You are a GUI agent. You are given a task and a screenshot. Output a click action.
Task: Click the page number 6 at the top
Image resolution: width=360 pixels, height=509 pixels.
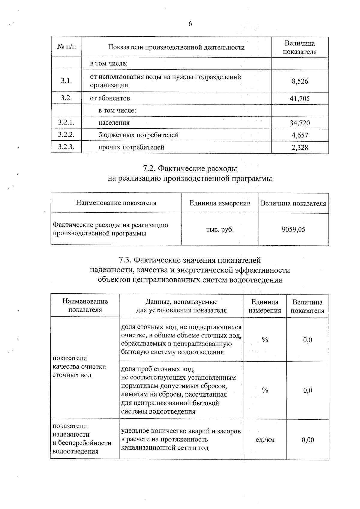click(190, 24)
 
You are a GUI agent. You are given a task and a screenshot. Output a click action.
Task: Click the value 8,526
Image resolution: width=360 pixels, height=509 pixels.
click(300, 81)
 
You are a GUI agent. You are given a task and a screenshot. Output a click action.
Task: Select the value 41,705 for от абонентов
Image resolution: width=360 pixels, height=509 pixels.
click(300, 99)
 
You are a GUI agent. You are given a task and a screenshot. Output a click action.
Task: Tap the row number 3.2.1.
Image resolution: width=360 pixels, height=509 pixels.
click(66, 122)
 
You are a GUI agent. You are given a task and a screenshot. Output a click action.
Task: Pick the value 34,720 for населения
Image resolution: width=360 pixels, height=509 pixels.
click(300, 123)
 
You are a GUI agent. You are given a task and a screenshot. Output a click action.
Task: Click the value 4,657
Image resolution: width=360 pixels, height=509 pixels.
click(300, 135)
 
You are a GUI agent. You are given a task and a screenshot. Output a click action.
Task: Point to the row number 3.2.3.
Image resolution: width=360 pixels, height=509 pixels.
click(66, 147)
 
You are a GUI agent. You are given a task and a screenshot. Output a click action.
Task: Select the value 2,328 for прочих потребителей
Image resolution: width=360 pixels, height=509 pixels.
click(300, 148)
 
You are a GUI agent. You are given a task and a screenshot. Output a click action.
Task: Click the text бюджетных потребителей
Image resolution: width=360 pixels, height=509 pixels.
click(138, 135)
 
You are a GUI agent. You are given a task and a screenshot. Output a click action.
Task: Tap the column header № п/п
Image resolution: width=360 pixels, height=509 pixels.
click(66, 47)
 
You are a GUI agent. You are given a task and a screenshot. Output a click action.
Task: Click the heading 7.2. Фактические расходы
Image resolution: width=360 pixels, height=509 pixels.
click(190, 168)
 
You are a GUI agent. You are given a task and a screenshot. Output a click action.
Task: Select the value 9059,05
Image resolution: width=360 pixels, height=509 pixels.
click(293, 229)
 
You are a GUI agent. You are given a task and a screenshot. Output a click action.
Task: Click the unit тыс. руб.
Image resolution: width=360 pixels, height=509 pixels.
click(220, 230)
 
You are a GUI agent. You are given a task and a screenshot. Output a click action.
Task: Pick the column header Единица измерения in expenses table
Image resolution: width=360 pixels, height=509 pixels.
click(220, 203)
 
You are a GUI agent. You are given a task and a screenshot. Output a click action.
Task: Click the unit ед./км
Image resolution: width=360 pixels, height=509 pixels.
click(265, 440)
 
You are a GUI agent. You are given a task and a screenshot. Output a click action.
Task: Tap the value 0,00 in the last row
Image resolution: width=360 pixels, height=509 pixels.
click(308, 440)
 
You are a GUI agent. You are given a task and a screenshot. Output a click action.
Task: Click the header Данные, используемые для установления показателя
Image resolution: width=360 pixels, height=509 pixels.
click(181, 306)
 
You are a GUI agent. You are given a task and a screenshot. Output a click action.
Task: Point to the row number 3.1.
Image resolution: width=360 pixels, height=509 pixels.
click(66, 80)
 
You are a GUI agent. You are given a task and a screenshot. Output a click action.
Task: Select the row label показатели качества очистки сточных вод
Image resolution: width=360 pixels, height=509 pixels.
click(79, 367)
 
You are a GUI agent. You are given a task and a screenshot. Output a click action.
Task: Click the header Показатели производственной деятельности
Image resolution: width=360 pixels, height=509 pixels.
click(176, 47)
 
